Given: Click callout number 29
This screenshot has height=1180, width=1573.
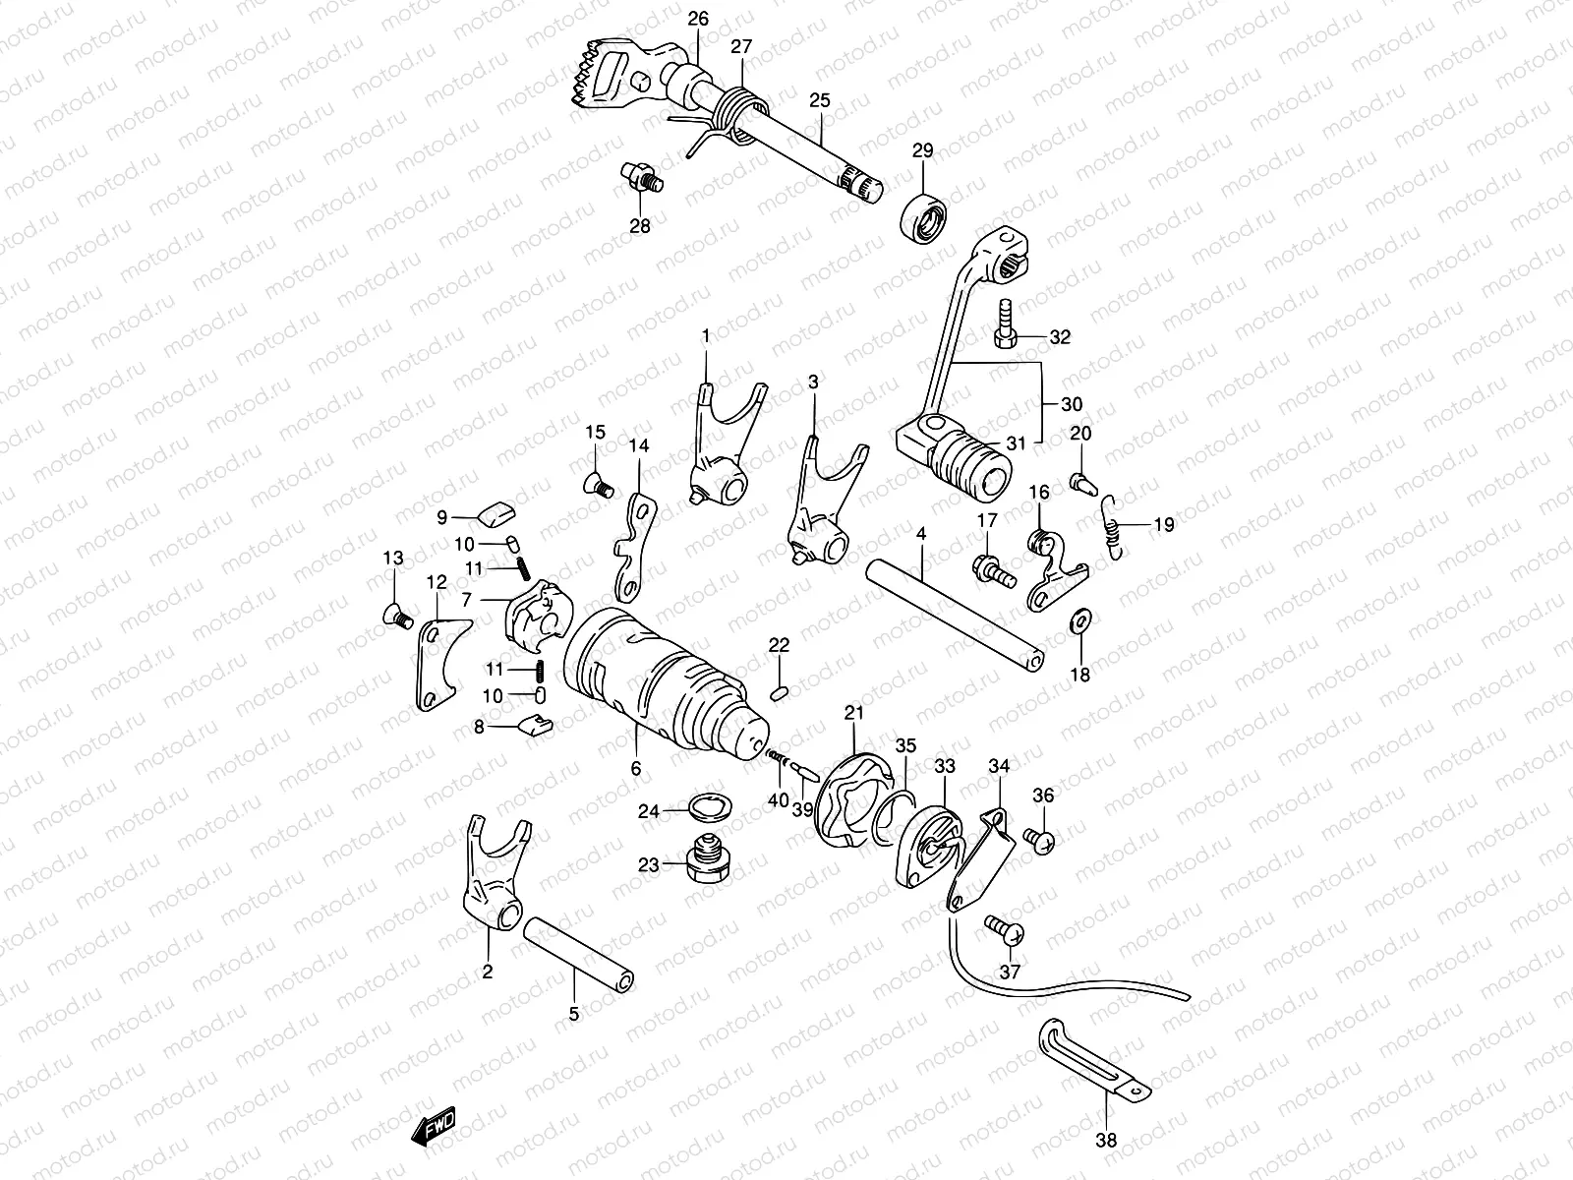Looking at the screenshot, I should (x=922, y=150).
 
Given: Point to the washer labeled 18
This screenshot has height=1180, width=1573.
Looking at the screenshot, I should (x=1078, y=620).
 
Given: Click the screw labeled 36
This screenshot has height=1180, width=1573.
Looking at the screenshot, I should (x=1039, y=839).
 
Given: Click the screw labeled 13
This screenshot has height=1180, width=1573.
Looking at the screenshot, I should (x=395, y=616).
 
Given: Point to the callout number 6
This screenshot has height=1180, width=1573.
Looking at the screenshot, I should (x=636, y=769).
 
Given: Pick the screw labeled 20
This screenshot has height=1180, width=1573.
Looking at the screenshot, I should (x=1081, y=482).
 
